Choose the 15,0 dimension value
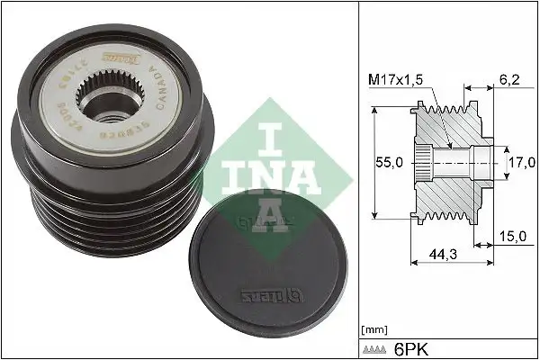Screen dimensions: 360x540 tap(512, 237)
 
